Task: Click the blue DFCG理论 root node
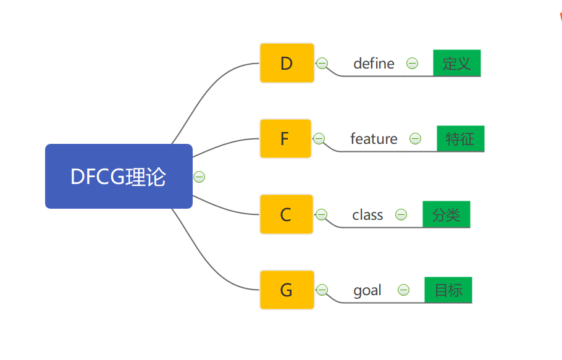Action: tap(119, 176)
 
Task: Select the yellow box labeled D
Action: tap(287, 63)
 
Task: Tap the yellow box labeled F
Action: tap(285, 138)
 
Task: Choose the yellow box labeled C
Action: tap(287, 214)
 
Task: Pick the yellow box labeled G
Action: tap(287, 290)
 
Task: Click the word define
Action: tap(374, 64)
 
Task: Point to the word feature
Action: tap(374, 138)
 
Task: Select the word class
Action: tap(367, 215)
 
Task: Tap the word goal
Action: tap(367, 290)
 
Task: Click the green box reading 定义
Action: tap(457, 63)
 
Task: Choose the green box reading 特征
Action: tap(461, 138)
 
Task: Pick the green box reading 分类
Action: tap(447, 214)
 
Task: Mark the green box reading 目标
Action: tap(448, 290)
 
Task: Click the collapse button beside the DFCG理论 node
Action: tap(199, 177)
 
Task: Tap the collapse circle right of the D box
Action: tap(322, 64)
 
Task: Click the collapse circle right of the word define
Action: tap(412, 64)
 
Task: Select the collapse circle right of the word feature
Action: tap(416, 138)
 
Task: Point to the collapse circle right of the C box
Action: tap(321, 214)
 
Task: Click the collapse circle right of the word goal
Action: tap(403, 290)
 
